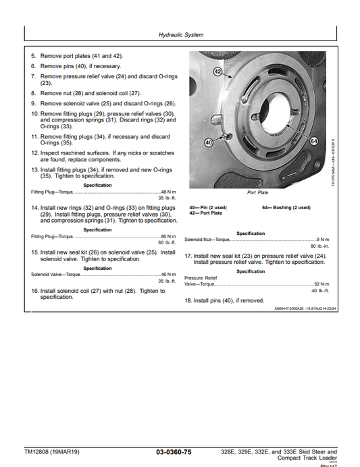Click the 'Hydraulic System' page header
(x=180, y=34)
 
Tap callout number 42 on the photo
(x=217, y=71)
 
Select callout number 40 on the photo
(x=208, y=143)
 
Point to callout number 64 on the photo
(x=313, y=140)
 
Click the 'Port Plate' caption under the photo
(x=257, y=192)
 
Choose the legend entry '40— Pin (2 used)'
(x=208, y=207)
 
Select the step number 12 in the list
(x=34, y=153)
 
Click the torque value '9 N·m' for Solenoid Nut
(x=322, y=240)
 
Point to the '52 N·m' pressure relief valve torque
(x=320, y=284)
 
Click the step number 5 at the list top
(x=33, y=57)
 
